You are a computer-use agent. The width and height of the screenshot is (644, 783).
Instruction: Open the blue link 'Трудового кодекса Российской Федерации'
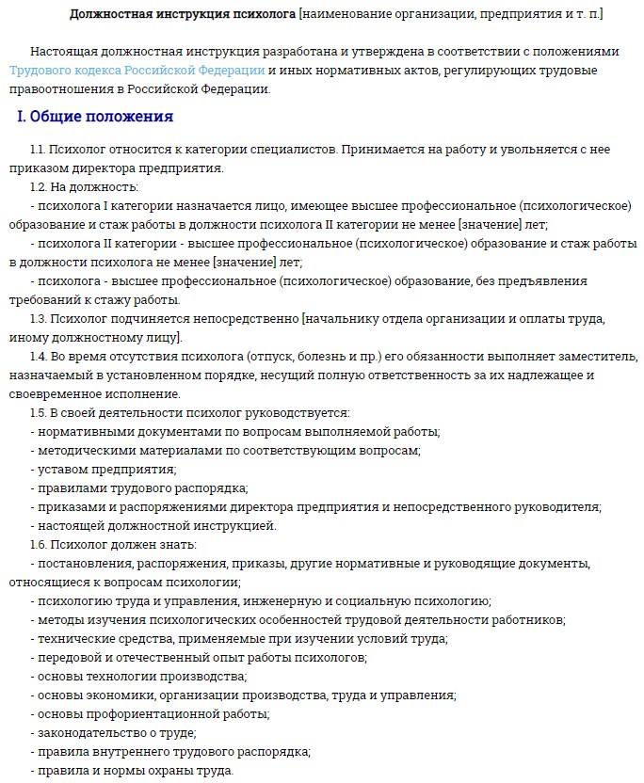click(137, 71)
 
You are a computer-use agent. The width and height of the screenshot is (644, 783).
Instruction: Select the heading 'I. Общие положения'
click(95, 118)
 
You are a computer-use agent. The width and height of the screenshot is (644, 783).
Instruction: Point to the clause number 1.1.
click(38, 150)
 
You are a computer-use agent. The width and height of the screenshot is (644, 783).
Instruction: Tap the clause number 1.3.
click(39, 318)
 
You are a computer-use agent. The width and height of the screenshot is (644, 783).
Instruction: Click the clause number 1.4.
click(39, 356)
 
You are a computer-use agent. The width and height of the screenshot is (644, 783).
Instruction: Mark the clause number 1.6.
click(39, 544)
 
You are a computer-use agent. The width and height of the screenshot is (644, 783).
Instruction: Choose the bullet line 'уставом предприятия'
click(106, 469)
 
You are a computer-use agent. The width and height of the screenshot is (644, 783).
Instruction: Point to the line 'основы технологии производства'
click(141, 676)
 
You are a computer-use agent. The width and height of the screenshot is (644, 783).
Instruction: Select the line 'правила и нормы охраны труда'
click(135, 770)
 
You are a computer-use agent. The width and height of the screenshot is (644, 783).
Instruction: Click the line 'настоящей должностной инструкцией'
click(156, 525)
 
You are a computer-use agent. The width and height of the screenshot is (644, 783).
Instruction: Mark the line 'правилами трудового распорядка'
click(142, 487)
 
